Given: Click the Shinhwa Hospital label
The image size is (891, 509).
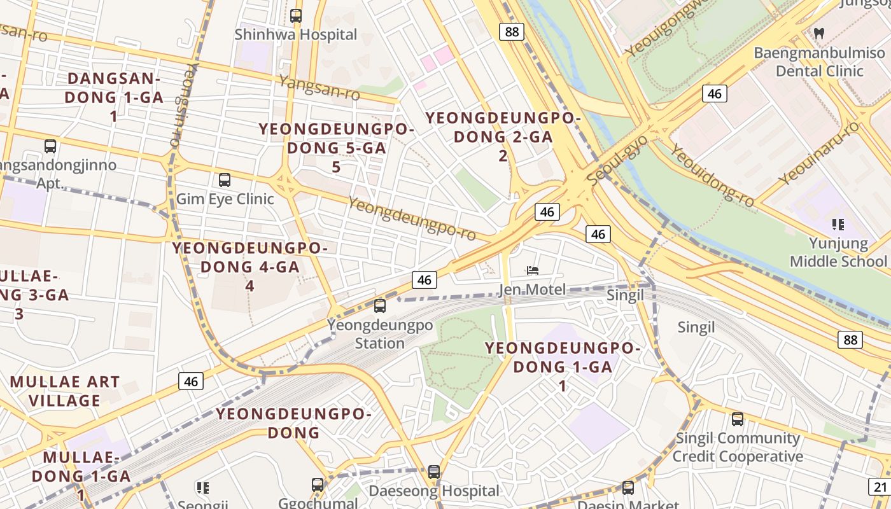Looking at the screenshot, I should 296,34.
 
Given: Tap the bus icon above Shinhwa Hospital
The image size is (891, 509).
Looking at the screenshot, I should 296,16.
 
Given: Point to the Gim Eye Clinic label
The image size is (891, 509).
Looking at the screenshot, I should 225,199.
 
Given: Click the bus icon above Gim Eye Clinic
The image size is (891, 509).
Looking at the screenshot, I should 225,180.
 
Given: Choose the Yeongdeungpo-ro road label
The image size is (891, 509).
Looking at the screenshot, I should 412,218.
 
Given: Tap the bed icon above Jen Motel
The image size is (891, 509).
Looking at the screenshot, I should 533,271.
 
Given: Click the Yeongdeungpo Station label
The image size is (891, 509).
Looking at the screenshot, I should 380,334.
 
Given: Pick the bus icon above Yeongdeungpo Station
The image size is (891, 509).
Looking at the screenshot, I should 380,306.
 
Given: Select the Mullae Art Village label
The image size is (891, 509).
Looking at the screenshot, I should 65,391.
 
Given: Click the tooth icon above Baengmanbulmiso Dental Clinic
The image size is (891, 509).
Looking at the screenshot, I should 820,33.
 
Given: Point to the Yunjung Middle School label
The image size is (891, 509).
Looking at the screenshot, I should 838,252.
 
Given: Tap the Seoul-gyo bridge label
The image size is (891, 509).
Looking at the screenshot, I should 617,161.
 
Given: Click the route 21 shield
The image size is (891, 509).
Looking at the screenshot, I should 880,487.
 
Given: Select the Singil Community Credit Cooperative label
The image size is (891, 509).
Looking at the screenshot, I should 738,447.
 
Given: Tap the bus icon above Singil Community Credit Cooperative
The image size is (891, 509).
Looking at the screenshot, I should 738,419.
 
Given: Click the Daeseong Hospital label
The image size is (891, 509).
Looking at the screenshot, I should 434,491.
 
